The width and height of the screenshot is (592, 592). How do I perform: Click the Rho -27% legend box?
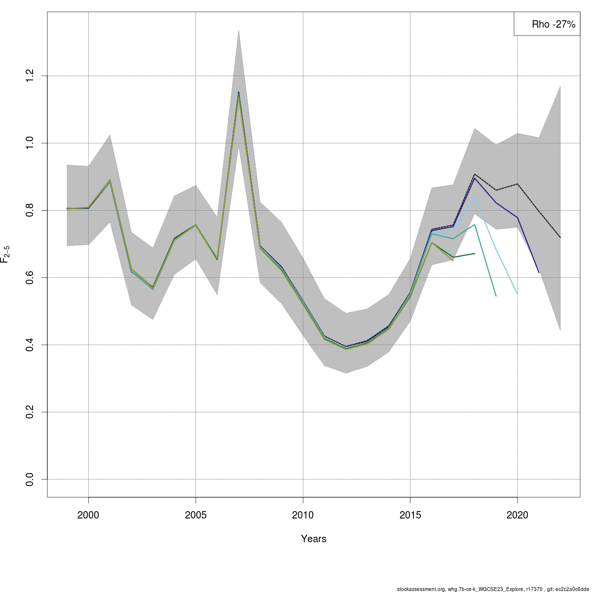coord(547,24)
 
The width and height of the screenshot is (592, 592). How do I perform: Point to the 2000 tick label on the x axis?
coord(88,516)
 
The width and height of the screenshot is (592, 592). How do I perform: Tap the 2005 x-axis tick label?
coord(196,516)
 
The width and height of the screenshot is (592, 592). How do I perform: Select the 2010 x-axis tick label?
coord(303,516)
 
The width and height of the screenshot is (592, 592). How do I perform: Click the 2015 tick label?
coord(410,516)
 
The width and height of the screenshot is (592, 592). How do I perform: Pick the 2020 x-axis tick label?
coord(517,516)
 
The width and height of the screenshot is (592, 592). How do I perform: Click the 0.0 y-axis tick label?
coord(30,479)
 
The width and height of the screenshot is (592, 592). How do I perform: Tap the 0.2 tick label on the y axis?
coord(30,412)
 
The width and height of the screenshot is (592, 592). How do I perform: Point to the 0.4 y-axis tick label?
coord(30,345)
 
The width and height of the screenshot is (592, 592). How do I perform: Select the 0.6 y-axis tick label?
coord(30,278)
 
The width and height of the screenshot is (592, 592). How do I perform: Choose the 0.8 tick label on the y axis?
coord(30,211)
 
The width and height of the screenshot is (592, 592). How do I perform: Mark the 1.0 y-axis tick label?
coord(30,143)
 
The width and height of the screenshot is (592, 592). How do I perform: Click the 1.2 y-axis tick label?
coord(30,76)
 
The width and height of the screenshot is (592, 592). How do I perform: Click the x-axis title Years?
coord(314,539)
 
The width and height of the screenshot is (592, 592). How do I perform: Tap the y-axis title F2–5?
coord(5,255)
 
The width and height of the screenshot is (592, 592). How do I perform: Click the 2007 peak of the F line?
coord(239,93)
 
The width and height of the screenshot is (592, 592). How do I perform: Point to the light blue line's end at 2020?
coord(517,294)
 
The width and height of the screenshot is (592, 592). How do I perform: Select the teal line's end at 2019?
coord(496,296)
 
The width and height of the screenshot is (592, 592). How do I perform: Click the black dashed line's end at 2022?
coord(560,238)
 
